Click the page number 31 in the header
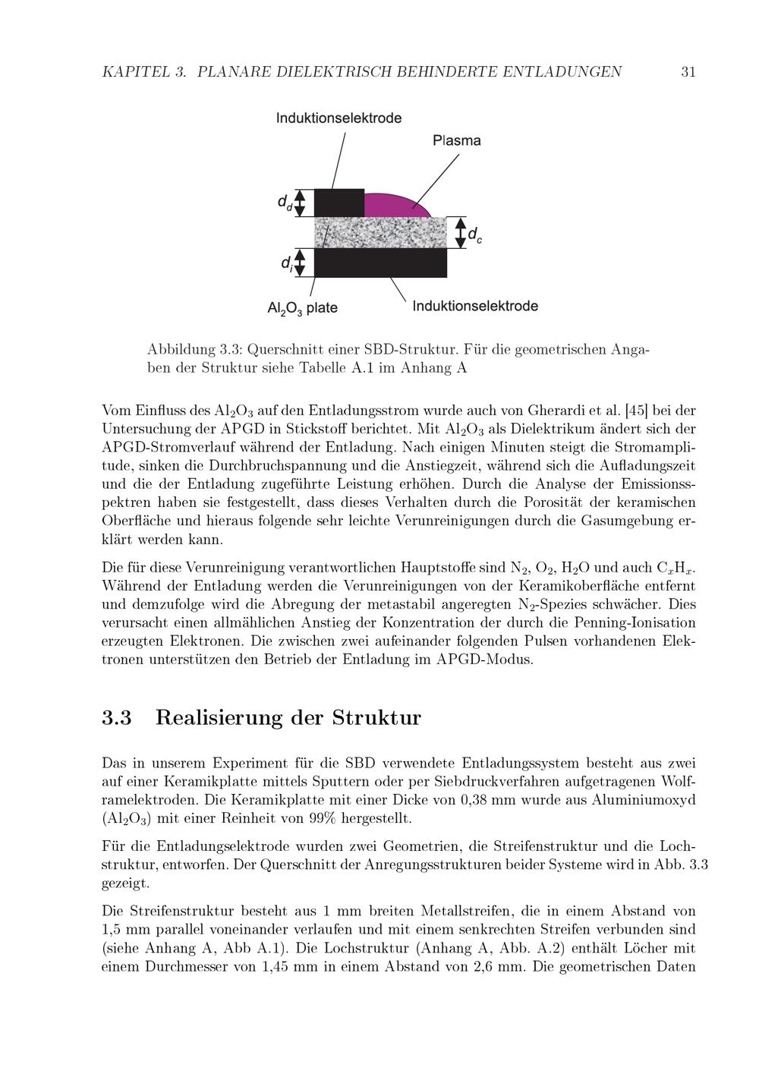click(x=688, y=72)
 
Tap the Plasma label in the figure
click(x=456, y=140)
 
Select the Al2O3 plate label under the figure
click(x=302, y=308)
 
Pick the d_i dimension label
click(x=286, y=263)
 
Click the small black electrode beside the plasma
click(x=339, y=203)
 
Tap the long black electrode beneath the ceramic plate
click(x=380, y=263)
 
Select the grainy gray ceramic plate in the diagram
click(x=380, y=232)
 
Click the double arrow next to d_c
click(x=459, y=232)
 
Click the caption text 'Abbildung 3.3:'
click(x=193, y=350)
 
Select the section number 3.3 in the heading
click(x=117, y=718)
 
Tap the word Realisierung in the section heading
click(x=219, y=718)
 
